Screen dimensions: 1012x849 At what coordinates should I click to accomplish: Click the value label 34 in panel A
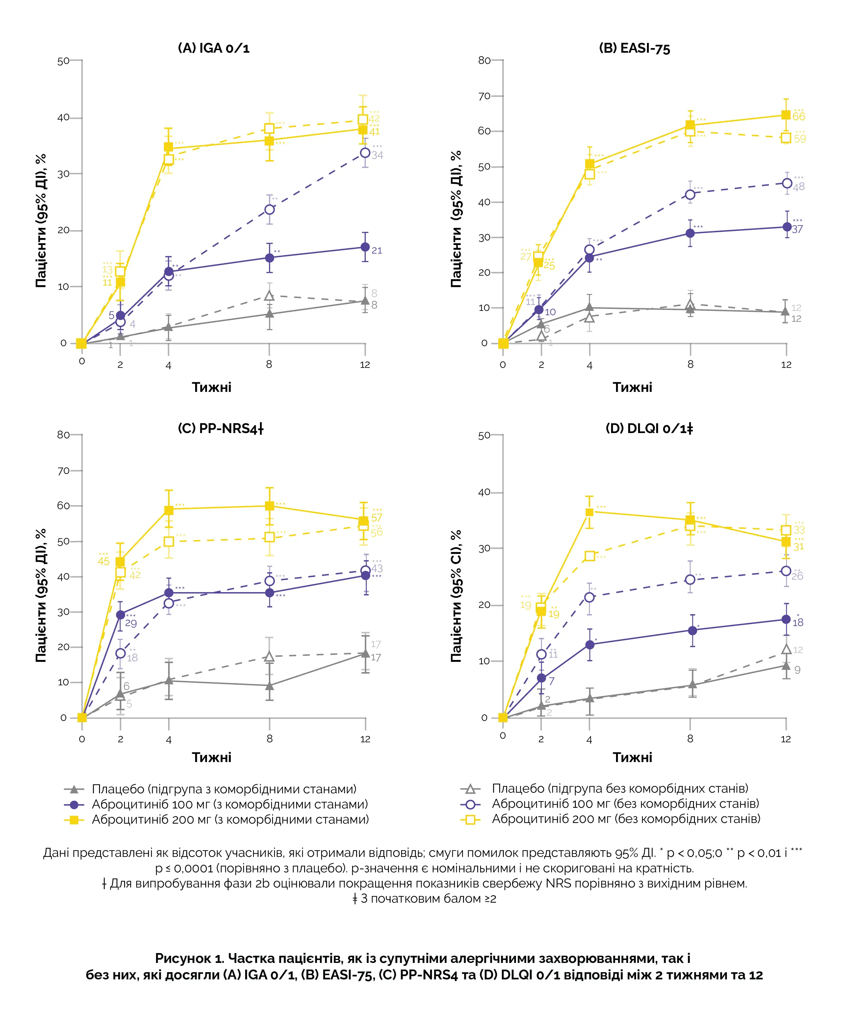[377, 155]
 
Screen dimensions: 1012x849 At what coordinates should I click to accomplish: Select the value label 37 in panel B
[797, 230]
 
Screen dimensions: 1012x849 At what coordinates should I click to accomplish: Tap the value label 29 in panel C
[131, 624]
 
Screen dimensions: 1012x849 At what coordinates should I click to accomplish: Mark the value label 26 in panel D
[797, 576]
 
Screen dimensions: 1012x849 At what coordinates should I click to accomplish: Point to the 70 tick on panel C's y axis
[63, 471]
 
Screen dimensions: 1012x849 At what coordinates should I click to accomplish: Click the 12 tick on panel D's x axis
[785, 739]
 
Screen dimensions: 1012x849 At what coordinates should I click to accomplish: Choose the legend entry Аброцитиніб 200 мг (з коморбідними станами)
[230, 819]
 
